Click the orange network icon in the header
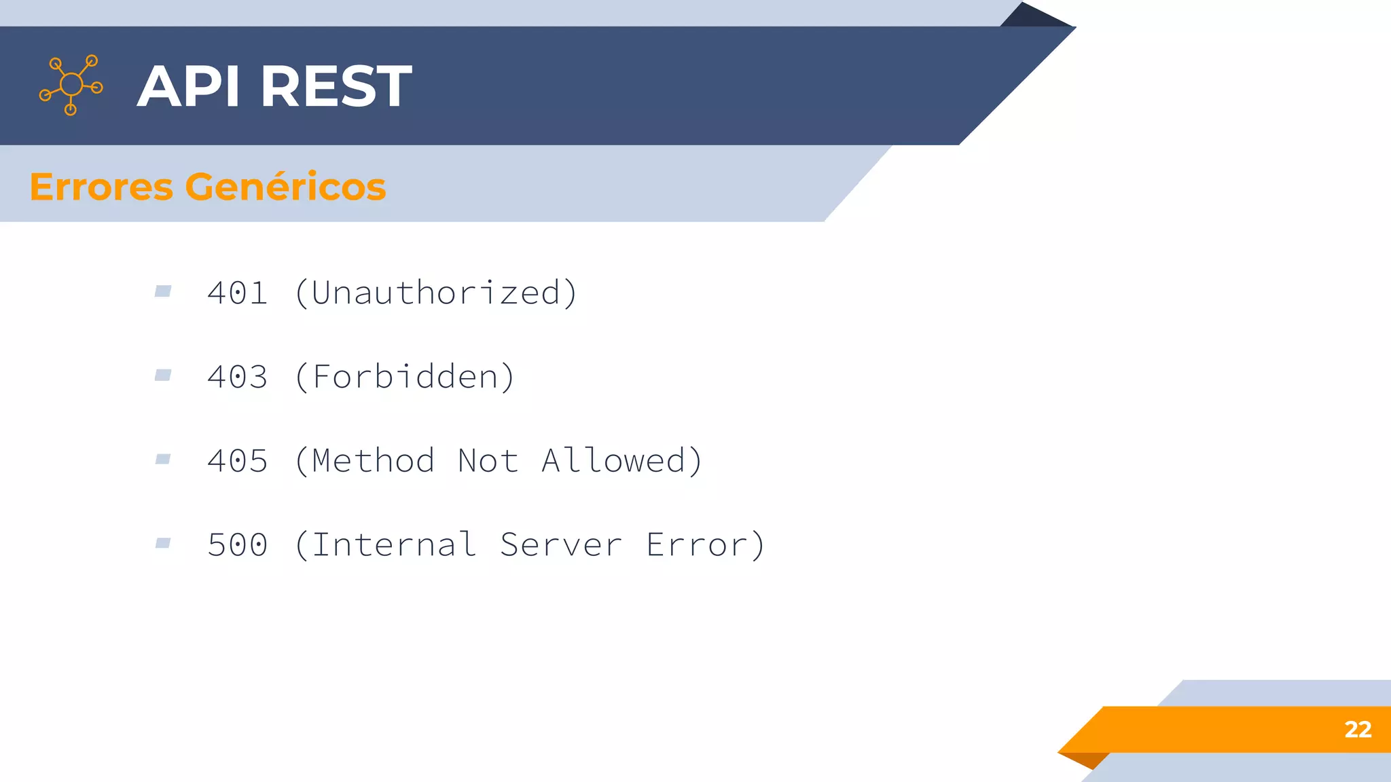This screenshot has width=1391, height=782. [71, 85]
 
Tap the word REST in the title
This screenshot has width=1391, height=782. [336, 86]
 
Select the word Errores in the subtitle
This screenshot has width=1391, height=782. [101, 187]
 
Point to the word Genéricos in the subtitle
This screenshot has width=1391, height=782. [285, 187]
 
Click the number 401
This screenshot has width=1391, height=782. [238, 293]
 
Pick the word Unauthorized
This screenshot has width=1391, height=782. [436, 293]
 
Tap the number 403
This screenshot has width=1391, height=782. [238, 377]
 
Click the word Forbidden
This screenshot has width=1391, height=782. [405, 377]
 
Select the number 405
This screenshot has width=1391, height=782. [238, 461]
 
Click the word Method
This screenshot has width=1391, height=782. [374, 461]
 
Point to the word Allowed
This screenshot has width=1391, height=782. [613, 461]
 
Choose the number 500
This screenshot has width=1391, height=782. [238, 545]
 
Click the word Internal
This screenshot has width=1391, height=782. [394, 545]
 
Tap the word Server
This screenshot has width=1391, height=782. [561, 545]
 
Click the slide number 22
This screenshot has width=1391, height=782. [1358, 730]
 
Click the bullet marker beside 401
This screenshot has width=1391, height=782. [163, 291]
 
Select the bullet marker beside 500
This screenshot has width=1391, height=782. [163, 543]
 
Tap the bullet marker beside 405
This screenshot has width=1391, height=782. [163, 460]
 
